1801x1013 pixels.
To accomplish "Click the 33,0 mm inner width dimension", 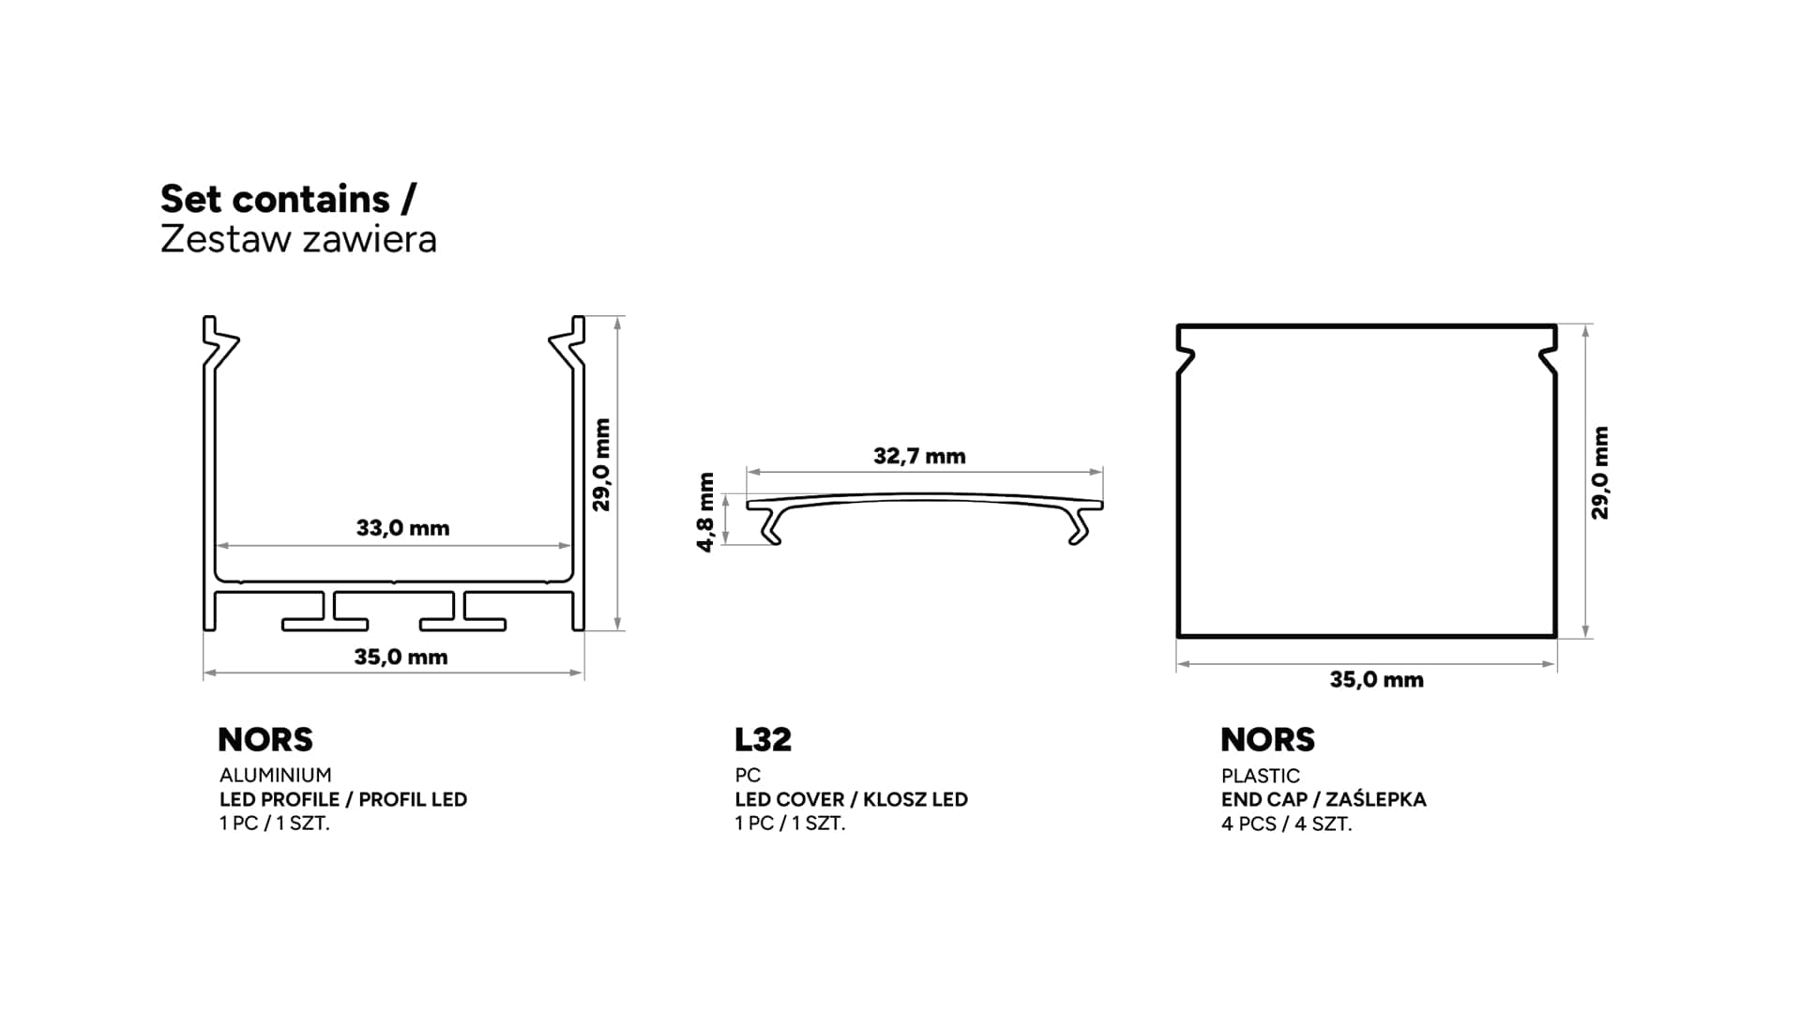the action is (402, 528).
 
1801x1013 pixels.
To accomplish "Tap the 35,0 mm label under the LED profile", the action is (401, 657).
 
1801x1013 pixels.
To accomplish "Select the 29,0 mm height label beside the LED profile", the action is (601, 464).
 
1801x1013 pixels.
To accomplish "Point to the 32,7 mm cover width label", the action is (919, 456).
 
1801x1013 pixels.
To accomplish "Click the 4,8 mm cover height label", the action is (706, 512).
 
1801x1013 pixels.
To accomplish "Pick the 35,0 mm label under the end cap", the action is (1376, 679).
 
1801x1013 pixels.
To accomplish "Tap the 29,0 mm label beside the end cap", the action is (1599, 473).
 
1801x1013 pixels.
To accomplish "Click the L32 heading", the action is (763, 739).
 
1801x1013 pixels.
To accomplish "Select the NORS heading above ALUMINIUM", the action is (265, 739).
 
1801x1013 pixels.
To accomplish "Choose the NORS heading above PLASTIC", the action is (1267, 739).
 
